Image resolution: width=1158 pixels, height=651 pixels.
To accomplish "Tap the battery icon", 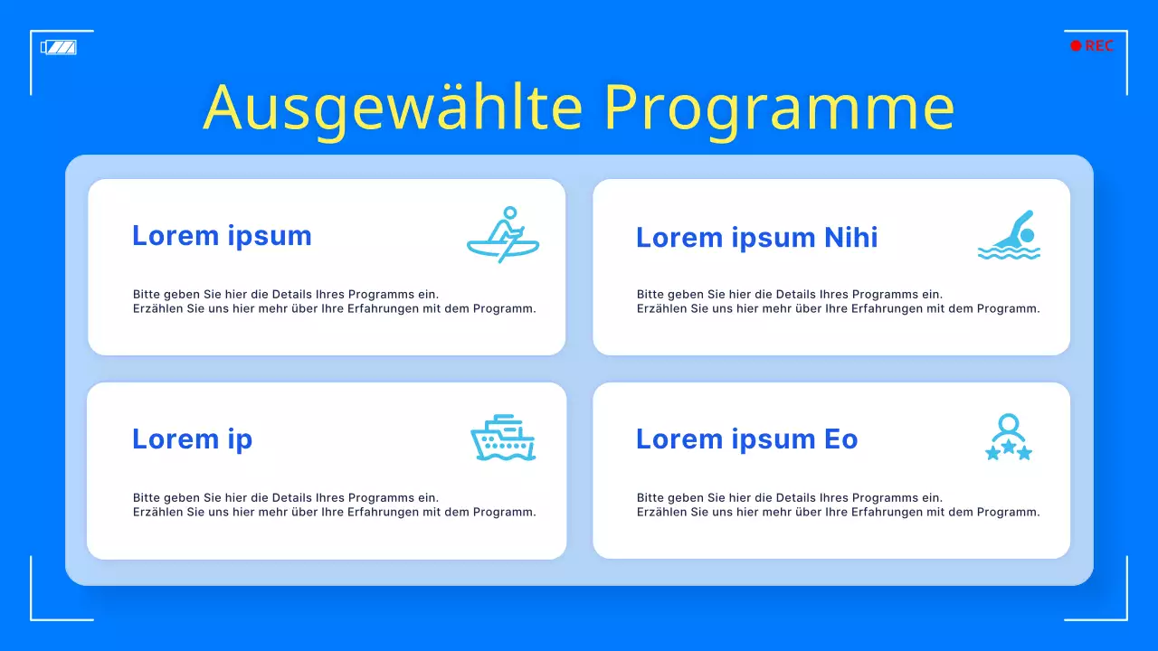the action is (59, 48).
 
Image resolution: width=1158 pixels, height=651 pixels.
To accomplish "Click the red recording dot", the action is (1076, 46).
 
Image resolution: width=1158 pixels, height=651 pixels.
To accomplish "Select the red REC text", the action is (1099, 46).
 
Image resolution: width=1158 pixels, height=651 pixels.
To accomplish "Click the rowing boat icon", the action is (503, 234).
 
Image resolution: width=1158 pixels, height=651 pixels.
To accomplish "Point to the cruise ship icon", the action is (503, 437).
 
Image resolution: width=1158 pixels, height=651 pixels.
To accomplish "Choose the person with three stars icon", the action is (1009, 437).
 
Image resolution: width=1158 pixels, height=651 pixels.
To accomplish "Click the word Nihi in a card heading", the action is (851, 237).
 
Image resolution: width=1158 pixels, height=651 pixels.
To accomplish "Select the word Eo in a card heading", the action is (841, 439).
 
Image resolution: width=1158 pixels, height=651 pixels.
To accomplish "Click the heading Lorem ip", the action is (193, 440).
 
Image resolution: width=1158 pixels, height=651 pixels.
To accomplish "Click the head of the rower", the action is (510, 212).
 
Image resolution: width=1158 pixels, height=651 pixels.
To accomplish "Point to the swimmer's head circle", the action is (1027, 235).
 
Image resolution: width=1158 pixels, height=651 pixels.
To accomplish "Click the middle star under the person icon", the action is (1009, 447).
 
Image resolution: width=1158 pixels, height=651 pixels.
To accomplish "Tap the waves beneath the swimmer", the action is (1009, 252).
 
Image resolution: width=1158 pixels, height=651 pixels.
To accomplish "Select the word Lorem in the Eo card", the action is (679, 439).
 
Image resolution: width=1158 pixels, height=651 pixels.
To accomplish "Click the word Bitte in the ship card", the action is (146, 497).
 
